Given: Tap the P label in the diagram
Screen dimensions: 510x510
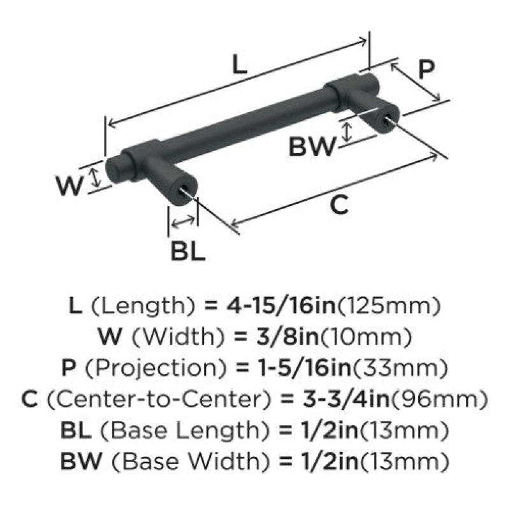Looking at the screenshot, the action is coord(426,69).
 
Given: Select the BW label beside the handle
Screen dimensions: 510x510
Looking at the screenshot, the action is coord(312,147).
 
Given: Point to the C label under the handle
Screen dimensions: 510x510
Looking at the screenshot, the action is coord(339,205).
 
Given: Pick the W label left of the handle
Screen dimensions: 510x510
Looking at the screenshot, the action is coord(69,186).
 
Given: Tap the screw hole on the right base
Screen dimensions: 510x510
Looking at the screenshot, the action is coord(386,120).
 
